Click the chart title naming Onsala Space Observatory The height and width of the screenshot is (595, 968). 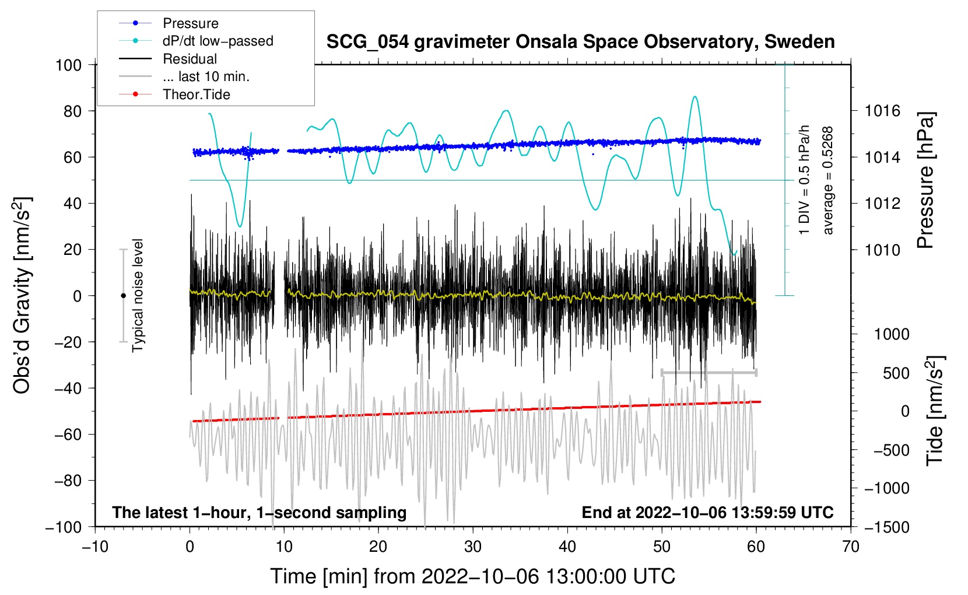point(580,42)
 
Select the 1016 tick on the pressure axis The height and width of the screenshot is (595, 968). point(882,111)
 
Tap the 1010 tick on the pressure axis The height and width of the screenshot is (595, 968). point(882,250)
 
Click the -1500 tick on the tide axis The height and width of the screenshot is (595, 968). point(887,527)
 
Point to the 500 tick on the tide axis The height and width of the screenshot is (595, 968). point(896,373)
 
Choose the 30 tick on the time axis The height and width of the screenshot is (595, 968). point(473,547)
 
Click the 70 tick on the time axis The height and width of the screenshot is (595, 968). point(851,547)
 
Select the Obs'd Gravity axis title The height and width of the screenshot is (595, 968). point(22,295)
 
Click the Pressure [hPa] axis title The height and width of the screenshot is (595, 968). point(925,181)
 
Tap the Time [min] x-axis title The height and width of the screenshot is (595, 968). point(472,576)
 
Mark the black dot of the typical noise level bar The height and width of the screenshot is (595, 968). point(123,296)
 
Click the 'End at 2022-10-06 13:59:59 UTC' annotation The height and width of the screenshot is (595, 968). point(707,512)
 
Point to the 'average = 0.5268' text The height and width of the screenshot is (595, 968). point(828,181)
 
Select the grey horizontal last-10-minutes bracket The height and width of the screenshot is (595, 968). point(709,372)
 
